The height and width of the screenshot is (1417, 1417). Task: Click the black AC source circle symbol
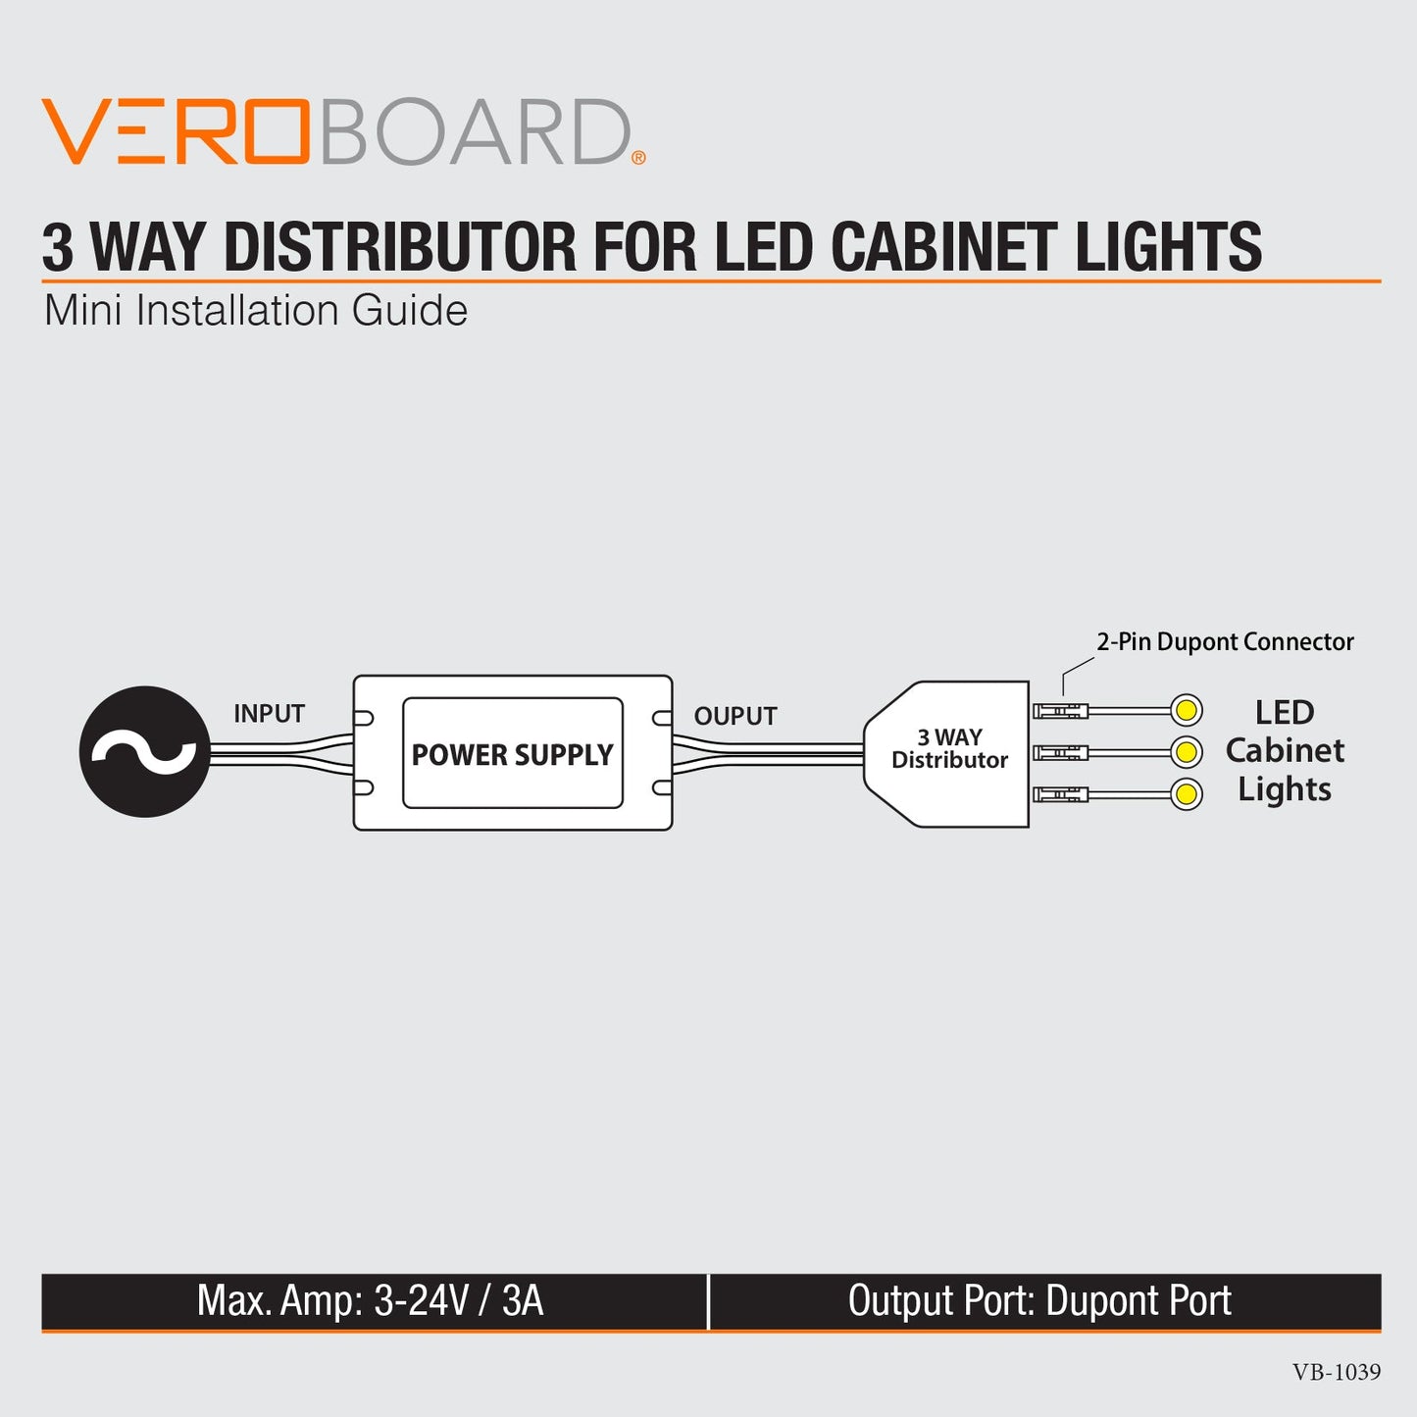(x=145, y=751)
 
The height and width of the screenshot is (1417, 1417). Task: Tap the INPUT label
(x=269, y=714)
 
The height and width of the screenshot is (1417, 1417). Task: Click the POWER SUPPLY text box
(x=512, y=754)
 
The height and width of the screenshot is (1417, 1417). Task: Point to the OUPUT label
(x=735, y=717)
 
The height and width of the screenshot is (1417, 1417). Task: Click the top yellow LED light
(x=1187, y=710)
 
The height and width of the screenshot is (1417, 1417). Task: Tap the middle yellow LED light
(x=1187, y=752)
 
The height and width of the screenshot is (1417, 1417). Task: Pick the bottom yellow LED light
(x=1187, y=793)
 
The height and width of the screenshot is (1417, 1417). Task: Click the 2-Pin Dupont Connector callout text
(x=1225, y=642)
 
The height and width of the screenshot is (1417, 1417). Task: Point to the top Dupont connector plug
(x=1060, y=711)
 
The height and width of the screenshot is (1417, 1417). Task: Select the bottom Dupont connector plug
(x=1060, y=794)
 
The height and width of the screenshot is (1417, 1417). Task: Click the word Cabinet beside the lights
(x=1285, y=751)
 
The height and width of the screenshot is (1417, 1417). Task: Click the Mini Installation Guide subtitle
(x=256, y=311)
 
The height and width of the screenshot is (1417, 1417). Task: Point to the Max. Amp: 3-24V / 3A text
(x=370, y=1301)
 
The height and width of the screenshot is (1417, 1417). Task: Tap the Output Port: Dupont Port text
(x=1039, y=1301)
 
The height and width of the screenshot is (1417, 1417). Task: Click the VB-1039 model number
(x=1336, y=1373)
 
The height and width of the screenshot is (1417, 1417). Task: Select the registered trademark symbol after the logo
(x=638, y=158)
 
